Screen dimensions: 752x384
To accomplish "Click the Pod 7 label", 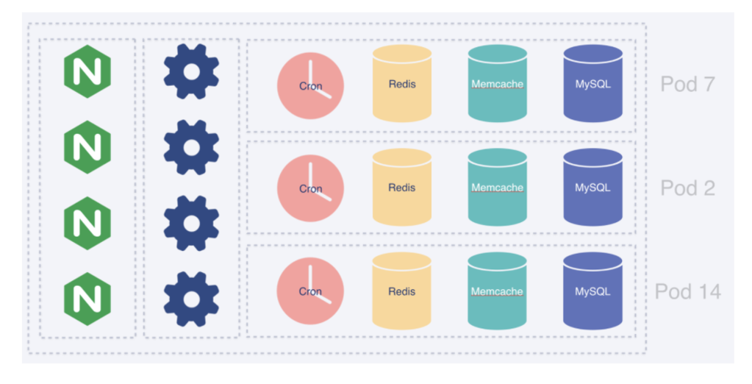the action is [688, 84].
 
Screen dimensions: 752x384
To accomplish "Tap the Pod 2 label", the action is [688, 188].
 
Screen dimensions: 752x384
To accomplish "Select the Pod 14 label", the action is [688, 291].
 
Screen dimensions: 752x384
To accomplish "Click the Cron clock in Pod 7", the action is [310, 86].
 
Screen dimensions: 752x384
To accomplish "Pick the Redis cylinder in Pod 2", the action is [402, 187].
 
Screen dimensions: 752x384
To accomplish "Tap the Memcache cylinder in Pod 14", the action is [497, 291].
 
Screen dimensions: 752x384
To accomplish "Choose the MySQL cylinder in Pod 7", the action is [592, 84].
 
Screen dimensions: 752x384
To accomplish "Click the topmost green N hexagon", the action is [87, 71].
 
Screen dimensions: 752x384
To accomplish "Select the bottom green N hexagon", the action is [87, 299].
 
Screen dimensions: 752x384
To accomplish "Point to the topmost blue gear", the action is [191, 71].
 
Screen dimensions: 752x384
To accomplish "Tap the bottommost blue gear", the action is [191, 299].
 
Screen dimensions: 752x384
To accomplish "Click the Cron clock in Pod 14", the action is [310, 291].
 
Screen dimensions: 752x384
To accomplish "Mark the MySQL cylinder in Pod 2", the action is [592, 187].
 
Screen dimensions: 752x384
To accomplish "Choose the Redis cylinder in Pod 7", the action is [402, 84].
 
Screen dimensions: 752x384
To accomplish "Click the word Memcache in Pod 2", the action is [498, 188].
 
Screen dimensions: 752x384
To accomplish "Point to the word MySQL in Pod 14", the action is [592, 291].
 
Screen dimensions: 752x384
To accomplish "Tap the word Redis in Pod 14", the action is [402, 291].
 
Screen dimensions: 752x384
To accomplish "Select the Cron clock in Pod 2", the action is [310, 188].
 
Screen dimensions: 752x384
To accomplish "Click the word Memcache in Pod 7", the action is [498, 84].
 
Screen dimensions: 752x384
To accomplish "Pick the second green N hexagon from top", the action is [87, 147].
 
